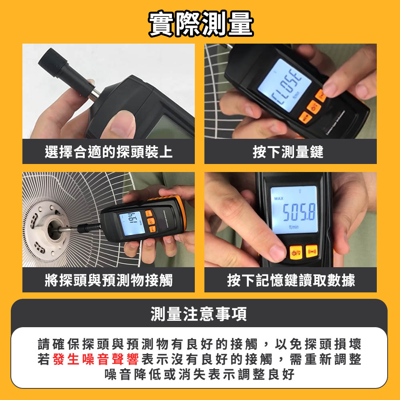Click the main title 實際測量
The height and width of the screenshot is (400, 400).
coord(201,24)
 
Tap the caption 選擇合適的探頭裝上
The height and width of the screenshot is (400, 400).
coord(109,152)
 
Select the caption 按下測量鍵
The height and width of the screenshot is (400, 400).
coord(288,152)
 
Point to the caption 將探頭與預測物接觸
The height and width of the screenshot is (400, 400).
coord(109,280)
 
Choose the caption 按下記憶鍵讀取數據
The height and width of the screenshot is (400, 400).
coord(291,280)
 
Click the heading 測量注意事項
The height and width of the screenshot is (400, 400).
coord(199,314)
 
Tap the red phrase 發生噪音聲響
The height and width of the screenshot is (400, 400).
coord(96,359)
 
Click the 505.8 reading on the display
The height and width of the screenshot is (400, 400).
coord(299,212)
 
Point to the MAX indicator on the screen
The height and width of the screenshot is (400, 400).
coord(278,198)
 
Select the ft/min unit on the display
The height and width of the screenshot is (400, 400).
coord(294,226)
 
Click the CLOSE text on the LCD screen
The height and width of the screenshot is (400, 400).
coord(287,86)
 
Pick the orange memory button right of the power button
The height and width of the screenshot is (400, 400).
coord(312,252)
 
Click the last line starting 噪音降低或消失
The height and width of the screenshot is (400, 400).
coord(200,374)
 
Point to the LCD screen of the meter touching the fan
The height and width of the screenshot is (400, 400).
coord(132,222)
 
